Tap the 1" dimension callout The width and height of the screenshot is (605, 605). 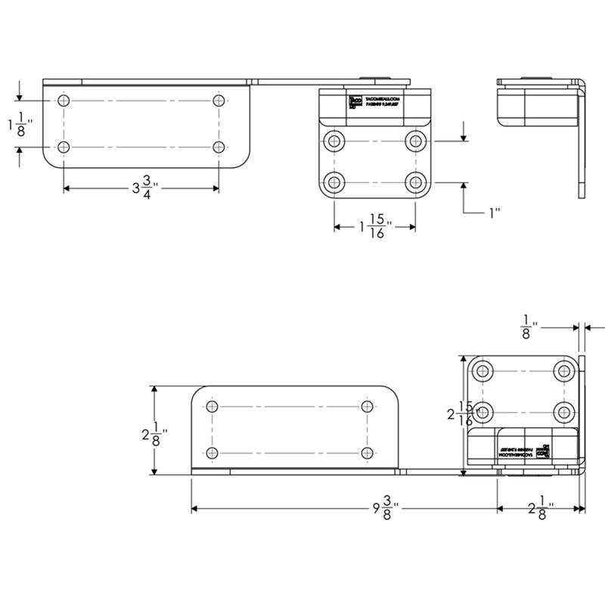(495, 213)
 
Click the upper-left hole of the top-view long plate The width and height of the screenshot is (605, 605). (64, 101)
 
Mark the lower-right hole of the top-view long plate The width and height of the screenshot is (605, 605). (219, 147)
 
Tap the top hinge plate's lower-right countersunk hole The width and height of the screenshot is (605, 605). (414, 182)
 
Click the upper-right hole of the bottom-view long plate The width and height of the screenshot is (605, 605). (367, 407)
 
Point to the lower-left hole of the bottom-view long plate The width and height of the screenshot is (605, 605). (212, 452)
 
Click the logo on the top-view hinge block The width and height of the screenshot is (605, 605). (353, 103)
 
